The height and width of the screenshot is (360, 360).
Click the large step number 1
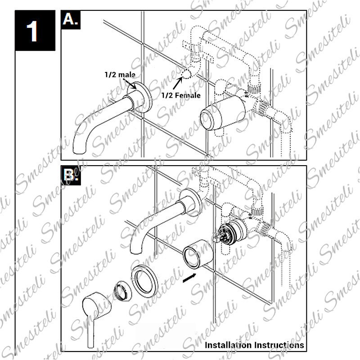[33, 32]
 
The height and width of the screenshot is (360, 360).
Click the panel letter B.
[70, 176]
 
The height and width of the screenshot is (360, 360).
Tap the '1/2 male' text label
[120, 74]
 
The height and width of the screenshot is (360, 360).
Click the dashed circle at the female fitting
[185, 76]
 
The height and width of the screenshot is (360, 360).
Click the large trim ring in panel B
[144, 279]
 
